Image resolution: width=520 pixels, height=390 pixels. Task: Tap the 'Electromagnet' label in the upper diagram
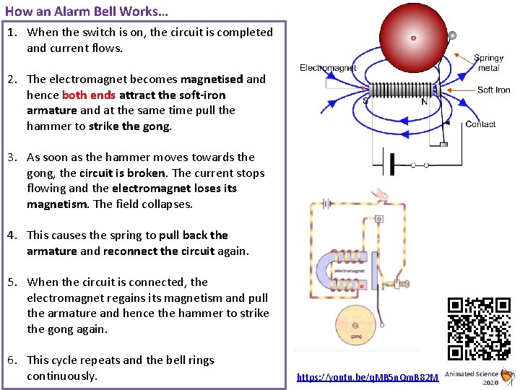[x=328, y=68]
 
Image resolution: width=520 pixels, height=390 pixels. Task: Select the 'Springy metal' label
[x=488, y=63]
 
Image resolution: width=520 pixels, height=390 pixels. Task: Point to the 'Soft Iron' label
[x=493, y=90]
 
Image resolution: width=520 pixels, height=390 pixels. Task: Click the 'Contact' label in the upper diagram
[x=480, y=124]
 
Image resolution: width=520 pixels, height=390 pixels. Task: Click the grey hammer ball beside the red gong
[x=452, y=35]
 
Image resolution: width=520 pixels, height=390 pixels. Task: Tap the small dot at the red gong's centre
[x=413, y=37]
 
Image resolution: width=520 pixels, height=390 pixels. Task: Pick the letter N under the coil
[x=424, y=102]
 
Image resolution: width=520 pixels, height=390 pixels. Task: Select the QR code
[x=479, y=329]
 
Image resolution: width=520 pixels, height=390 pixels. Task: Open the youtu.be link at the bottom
[x=368, y=377]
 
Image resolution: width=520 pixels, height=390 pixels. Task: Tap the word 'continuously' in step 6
[x=62, y=376]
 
